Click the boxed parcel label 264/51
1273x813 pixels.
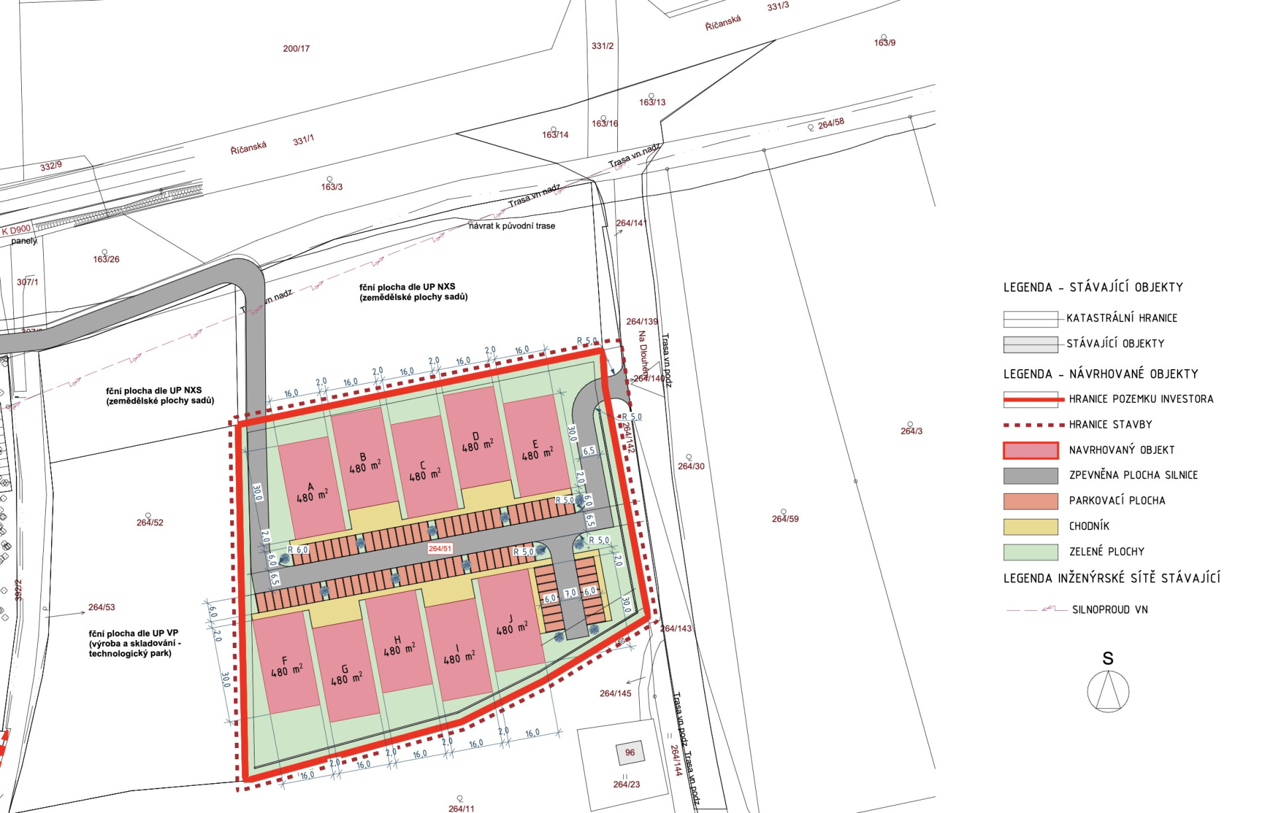[440, 549]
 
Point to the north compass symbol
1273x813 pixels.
[1108, 690]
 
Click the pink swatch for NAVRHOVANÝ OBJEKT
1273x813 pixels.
[1030, 451]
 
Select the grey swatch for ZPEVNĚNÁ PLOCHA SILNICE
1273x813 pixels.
[1030, 476]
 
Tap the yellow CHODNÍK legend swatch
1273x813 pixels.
[1030, 527]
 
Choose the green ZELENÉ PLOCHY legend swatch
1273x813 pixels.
[1030, 552]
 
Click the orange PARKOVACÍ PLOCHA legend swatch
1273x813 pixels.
[1030, 501]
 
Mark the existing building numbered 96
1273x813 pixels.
[630, 753]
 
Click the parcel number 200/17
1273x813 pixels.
[296, 48]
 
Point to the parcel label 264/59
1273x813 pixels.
[785, 519]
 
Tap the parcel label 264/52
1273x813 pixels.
[150, 523]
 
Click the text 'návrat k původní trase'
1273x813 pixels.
[512, 226]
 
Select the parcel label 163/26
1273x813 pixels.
[106, 259]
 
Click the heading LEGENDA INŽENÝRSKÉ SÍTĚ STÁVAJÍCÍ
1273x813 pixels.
[1111, 578]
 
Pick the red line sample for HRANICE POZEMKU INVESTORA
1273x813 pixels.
[1030, 400]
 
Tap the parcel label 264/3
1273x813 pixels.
[911, 431]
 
